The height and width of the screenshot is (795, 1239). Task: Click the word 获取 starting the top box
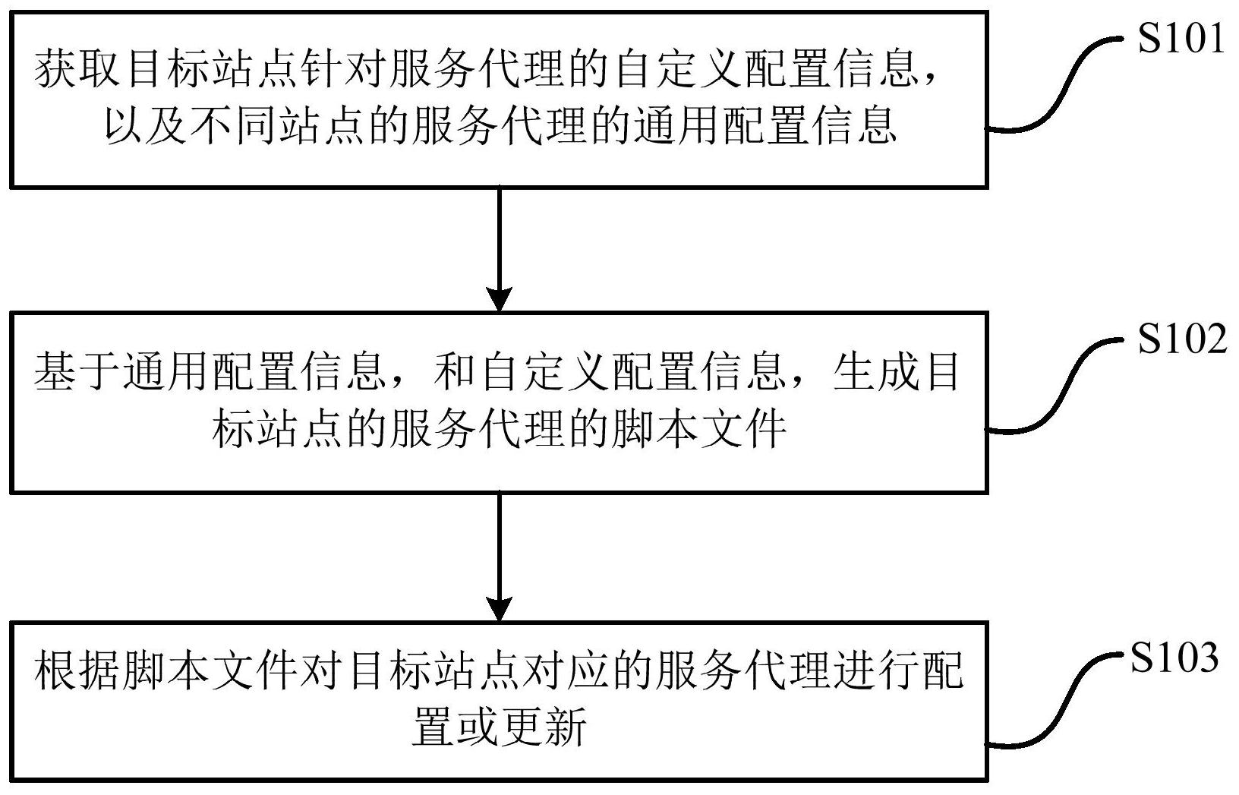[x=78, y=71]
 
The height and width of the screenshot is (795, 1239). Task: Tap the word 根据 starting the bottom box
[x=78, y=671]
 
